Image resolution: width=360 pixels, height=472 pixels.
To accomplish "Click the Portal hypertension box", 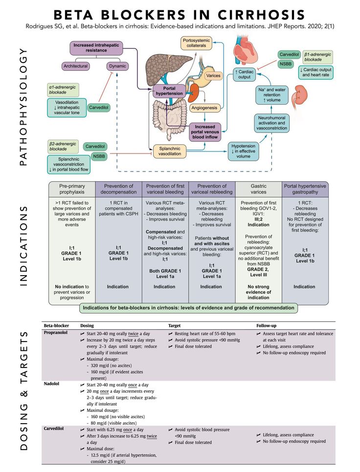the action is [x=169, y=91].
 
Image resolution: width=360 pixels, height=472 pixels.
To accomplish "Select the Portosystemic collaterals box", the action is [x=196, y=43].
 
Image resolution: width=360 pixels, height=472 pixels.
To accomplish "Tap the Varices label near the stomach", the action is [x=213, y=76].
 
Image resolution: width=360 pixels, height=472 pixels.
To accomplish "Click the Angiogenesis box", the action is [x=204, y=108].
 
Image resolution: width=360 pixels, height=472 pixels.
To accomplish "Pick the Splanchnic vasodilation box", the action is [x=170, y=151].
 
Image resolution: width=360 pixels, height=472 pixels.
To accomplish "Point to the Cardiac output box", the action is [x=244, y=74].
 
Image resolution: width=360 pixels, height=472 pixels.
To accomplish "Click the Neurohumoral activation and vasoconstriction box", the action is [x=271, y=123].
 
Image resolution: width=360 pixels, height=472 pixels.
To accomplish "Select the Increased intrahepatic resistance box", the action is [x=96, y=47].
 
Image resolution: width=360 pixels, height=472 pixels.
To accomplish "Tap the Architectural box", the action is [x=75, y=66].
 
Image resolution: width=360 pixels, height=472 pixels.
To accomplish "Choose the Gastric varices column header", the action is [x=258, y=189].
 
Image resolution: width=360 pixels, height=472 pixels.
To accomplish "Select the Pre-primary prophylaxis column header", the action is [x=72, y=189].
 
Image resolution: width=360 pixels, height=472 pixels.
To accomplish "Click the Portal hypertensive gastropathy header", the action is [x=305, y=189].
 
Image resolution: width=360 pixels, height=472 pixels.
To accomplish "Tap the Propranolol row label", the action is [x=56, y=333].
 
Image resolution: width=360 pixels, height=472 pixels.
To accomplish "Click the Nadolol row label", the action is [x=51, y=384].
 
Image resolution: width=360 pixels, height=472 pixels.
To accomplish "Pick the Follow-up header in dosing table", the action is [x=266, y=326].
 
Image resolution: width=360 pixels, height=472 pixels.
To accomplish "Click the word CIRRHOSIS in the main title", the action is [x=262, y=15].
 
